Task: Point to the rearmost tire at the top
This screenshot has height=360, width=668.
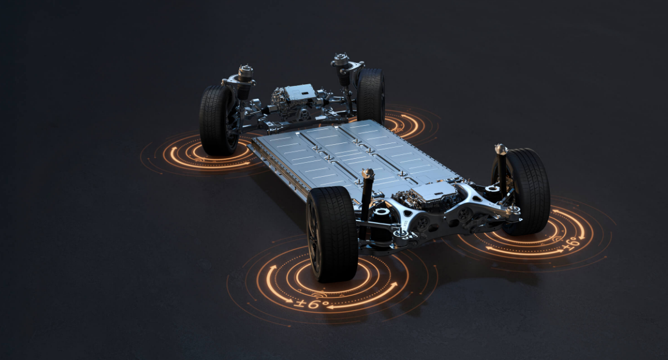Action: point(370,97)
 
